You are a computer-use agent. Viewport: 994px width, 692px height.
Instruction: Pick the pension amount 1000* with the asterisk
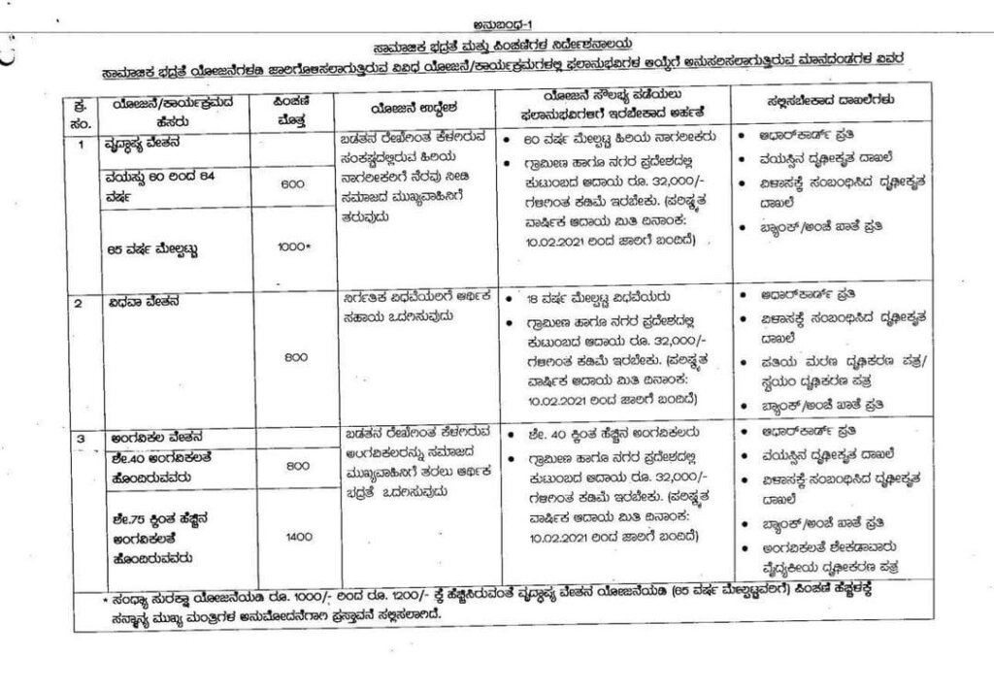292,248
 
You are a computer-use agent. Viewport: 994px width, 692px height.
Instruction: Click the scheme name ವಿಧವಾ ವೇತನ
142,301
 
